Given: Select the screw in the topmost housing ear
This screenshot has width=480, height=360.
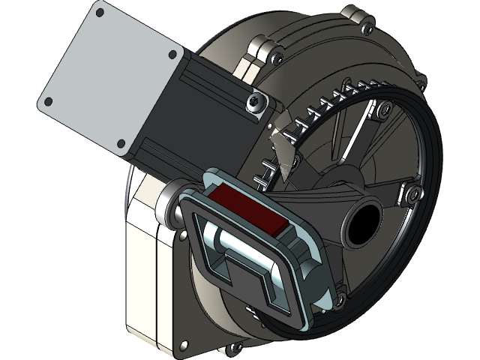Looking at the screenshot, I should pyautogui.click(x=366, y=28).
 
